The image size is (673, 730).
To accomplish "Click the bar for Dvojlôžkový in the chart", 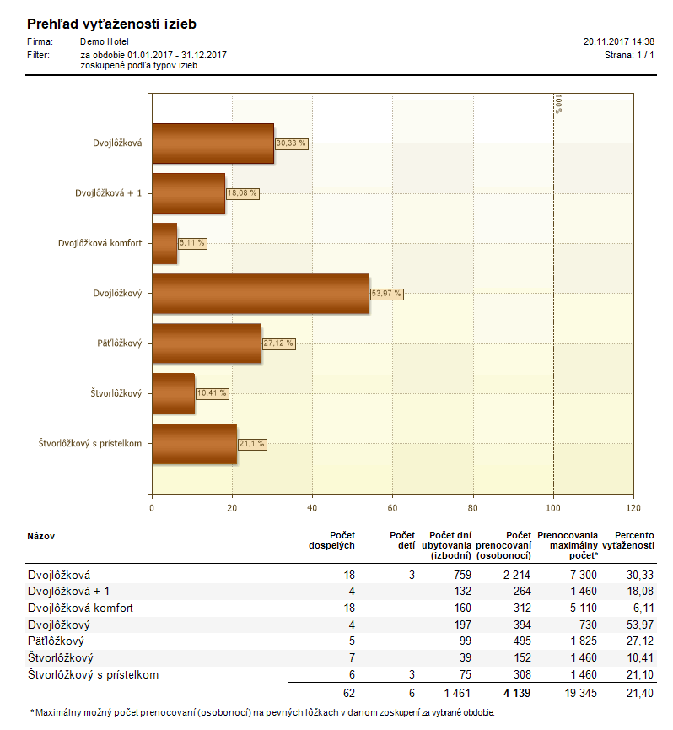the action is tap(261, 294).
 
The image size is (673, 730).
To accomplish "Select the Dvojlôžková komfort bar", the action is tap(164, 244).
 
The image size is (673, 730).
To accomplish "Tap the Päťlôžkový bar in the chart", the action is tap(207, 343).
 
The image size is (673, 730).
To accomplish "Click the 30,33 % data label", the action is tap(291, 143).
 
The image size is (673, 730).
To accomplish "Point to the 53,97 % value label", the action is tap(386, 294).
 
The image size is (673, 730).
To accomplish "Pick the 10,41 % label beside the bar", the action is tap(212, 393).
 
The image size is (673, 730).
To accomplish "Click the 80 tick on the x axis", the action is tap(472, 508).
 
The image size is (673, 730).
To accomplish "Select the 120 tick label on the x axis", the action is tap(633, 508).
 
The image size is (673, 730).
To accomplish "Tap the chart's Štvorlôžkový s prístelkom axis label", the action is tap(89, 444).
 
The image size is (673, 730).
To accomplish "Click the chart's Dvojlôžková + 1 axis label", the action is tap(108, 193).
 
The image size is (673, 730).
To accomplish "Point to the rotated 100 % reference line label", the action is tap(558, 105).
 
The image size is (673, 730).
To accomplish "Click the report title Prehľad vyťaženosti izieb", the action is tap(111, 24).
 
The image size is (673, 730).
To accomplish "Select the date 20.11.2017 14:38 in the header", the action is tap(618, 41).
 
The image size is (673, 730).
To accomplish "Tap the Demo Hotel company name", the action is tap(105, 41).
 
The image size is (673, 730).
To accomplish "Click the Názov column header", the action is tap(41, 536).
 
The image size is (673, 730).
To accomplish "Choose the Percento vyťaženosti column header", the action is tap(628, 540).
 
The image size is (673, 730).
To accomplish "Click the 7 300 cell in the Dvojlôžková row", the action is tap(584, 575).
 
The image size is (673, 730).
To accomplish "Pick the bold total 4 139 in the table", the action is tap(517, 693).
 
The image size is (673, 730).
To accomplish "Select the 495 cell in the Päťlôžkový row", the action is tap(522, 641).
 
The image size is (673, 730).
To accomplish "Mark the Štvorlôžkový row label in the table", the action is tap(61, 657).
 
